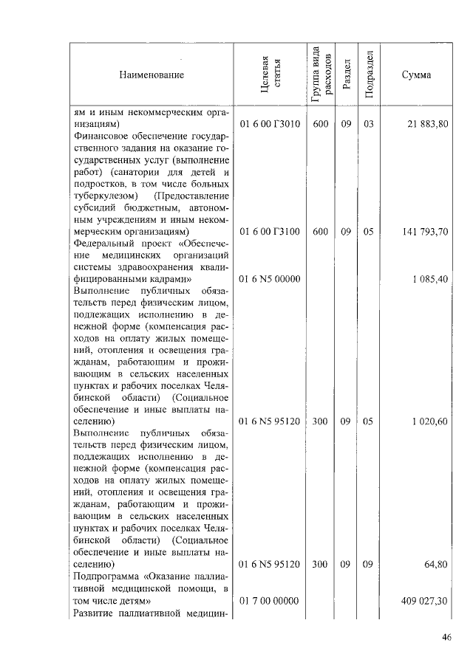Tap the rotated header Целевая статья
pyautogui.click(x=270, y=75)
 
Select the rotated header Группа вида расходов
pyautogui.click(x=320, y=75)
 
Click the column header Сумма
pyautogui.click(x=417, y=75)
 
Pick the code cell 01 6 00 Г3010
pyautogui.click(x=270, y=124)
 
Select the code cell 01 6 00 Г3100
pyautogui.click(x=270, y=232)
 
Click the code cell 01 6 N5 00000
pyautogui.click(x=270, y=280)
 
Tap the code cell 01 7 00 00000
pyautogui.click(x=270, y=602)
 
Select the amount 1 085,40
pyautogui.click(x=429, y=280)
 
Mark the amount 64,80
pyautogui.click(x=435, y=565)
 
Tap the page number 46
pyautogui.click(x=446, y=638)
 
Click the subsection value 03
pyautogui.click(x=369, y=124)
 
